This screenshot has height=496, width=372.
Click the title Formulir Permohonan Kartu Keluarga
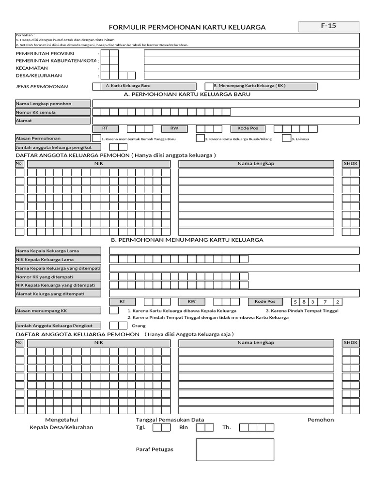pos(188,27)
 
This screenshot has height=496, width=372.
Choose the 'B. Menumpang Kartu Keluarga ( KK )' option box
pos(262,86)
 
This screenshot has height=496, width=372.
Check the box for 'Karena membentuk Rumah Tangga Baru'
pos(97,138)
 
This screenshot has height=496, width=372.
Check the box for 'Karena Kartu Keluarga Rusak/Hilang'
pos(200,138)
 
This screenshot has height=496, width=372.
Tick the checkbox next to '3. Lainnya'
pos(286,138)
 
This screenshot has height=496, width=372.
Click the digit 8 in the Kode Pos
pos(304,302)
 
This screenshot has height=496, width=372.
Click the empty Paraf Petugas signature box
pos(235,449)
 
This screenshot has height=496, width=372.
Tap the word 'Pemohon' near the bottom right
pos(321,419)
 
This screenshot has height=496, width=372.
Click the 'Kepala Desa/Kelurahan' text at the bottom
pos(62,428)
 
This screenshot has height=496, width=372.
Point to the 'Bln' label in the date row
pos(184,428)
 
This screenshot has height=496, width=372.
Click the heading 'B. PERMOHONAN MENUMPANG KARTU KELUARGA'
pos(187,240)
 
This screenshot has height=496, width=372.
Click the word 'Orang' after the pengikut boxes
pos(139,326)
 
